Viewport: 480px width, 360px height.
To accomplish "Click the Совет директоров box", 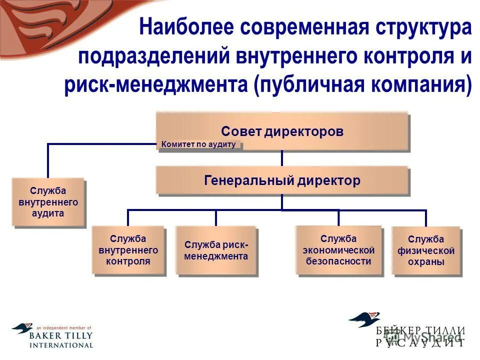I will (x=282, y=131).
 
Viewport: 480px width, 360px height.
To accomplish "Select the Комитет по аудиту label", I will (x=199, y=144).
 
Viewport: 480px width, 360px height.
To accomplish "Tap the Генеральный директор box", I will (x=282, y=180).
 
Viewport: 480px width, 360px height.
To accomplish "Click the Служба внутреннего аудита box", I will (x=48, y=202).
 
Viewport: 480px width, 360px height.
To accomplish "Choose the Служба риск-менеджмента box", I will (x=216, y=250).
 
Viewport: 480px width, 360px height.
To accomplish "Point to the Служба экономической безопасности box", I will (x=338, y=249).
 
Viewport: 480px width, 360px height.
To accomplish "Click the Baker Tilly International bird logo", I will (x=22, y=328).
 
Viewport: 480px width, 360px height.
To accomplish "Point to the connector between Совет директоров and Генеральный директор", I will (x=282, y=158).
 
